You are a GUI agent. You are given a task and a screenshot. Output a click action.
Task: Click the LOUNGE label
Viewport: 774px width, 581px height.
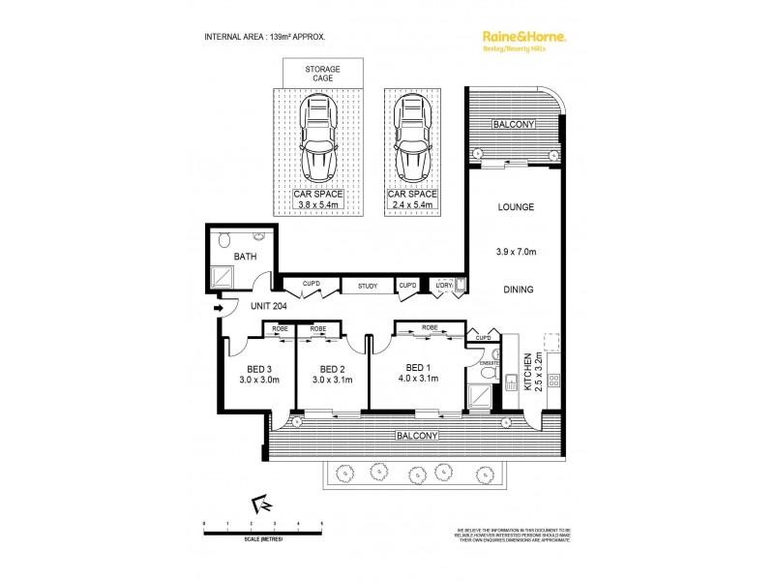(515, 207)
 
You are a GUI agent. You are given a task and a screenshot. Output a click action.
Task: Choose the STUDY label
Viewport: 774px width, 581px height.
(367, 286)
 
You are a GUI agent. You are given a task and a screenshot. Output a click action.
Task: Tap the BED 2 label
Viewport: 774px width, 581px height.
(332, 368)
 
